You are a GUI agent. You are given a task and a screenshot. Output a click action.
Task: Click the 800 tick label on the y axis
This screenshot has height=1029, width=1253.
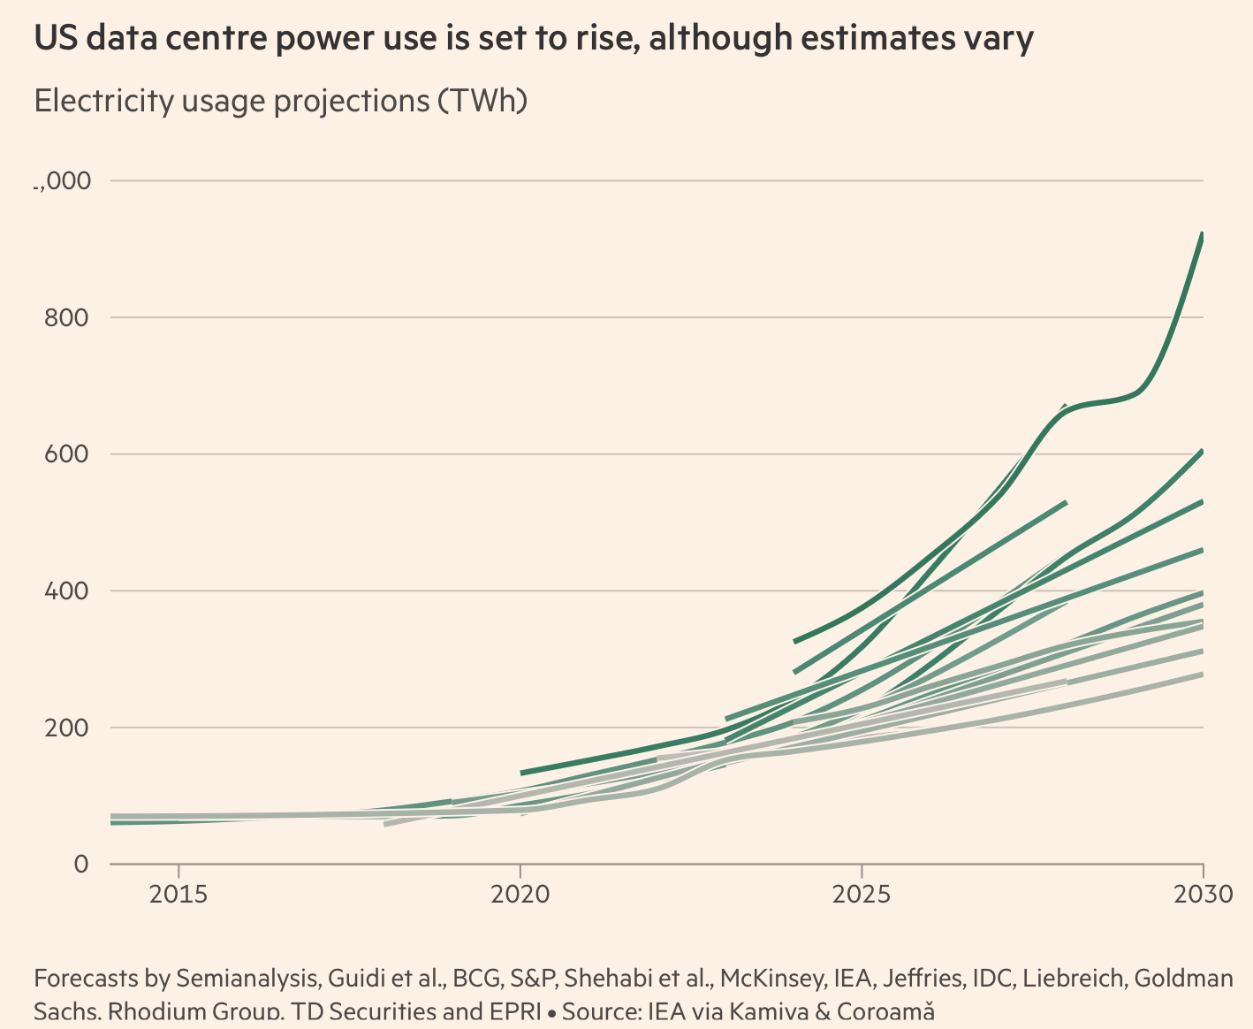click(x=66, y=317)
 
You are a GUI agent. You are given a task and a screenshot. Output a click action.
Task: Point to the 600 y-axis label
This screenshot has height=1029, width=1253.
click(x=66, y=454)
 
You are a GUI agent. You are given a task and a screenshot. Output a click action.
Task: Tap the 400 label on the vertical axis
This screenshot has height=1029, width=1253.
click(x=66, y=591)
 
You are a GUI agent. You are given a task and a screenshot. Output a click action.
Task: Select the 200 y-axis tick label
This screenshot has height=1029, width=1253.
click(x=66, y=728)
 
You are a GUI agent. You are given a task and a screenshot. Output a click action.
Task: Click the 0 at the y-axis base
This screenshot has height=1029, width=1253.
click(x=81, y=864)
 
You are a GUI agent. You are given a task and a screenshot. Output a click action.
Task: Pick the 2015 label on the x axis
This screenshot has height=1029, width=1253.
click(x=179, y=895)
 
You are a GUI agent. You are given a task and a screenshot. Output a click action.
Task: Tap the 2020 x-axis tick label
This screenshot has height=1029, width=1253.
click(x=520, y=895)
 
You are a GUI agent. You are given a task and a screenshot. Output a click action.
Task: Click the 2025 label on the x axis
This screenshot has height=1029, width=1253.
click(x=862, y=895)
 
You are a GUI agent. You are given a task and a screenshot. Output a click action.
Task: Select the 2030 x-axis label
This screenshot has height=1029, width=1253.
click(x=1203, y=895)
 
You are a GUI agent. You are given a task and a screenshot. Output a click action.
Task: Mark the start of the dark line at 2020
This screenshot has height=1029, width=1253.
click(x=522, y=773)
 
